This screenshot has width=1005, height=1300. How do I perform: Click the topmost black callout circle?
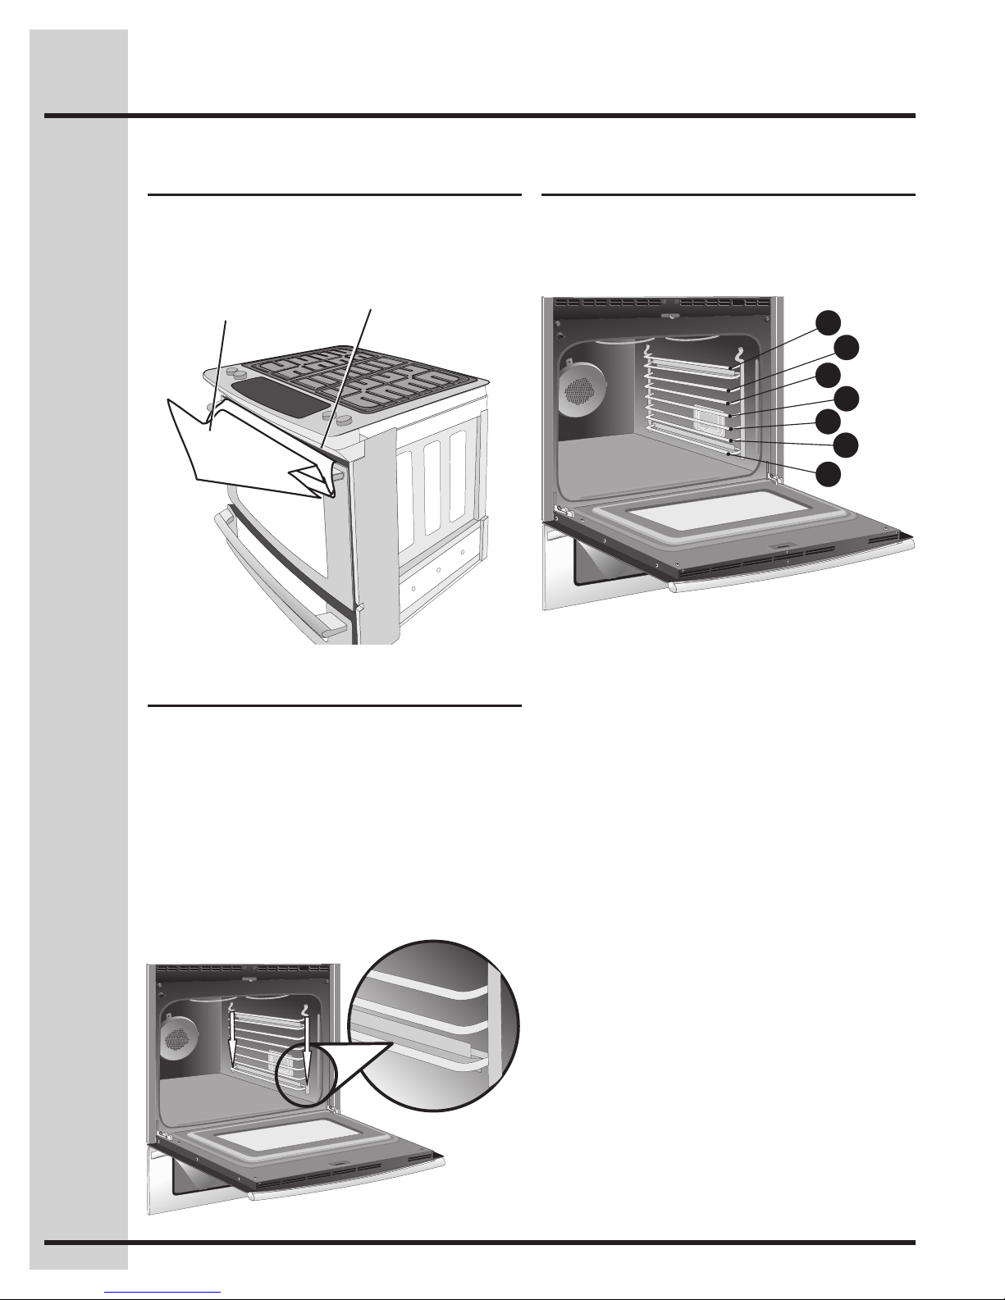pyautogui.click(x=830, y=322)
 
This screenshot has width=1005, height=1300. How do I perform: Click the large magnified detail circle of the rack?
pyautogui.click(x=435, y=1025)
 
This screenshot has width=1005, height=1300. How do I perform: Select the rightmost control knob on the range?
pyautogui.click(x=345, y=419)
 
